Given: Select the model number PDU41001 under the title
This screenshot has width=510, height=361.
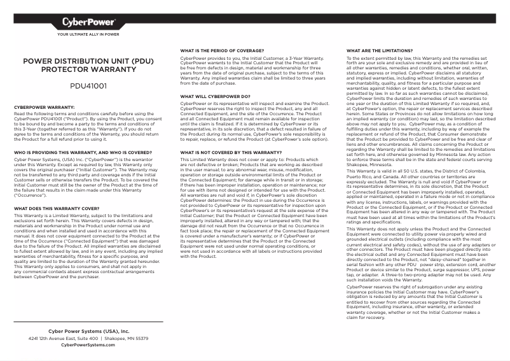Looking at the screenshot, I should [88, 85].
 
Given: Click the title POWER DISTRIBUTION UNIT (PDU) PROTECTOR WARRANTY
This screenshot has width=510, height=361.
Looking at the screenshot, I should [88, 66].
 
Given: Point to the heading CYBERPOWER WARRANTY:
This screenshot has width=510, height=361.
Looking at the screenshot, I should [45, 108].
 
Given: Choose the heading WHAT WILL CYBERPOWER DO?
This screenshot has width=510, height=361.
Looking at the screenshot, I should [215, 97].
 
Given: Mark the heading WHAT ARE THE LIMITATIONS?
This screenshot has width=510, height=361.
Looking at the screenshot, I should [380, 50].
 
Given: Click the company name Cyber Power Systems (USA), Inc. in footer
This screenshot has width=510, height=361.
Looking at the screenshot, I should [88, 332].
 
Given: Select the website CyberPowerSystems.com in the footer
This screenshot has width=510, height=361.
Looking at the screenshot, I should [88, 345].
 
